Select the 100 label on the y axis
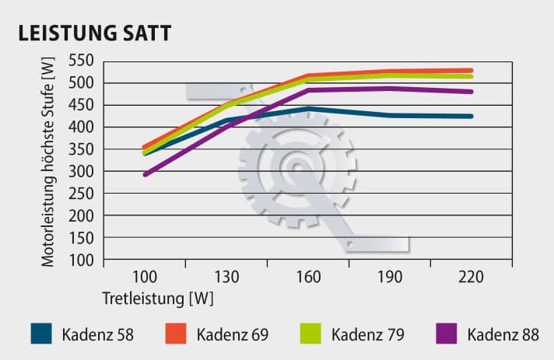coord(81,260)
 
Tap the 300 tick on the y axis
coord(81,171)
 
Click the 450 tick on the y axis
coord(81,105)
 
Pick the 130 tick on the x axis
coord(226,278)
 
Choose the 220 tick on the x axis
coord(472,278)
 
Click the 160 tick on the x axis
coord(308,278)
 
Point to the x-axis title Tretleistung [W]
coord(157,298)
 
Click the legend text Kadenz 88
coord(503,335)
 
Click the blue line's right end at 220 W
coord(472,117)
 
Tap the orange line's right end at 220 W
coord(472,70)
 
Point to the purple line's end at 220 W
coord(472,92)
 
